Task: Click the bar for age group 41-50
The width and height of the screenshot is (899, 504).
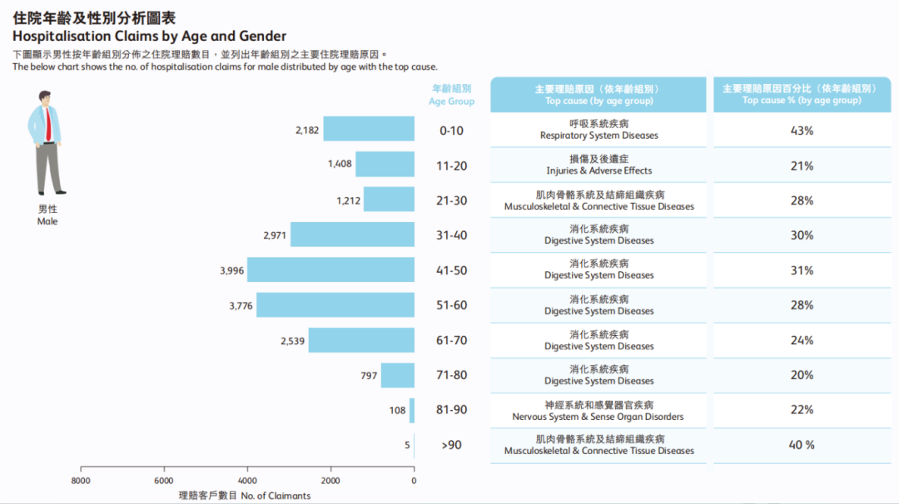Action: point(330,269)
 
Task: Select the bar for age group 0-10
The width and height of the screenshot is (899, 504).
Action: point(369,129)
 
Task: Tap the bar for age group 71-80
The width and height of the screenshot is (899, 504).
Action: point(398,375)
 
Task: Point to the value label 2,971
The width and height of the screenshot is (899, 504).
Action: point(275,235)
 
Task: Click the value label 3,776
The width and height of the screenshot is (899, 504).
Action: point(241,306)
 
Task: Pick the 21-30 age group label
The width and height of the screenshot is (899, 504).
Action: point(452,200)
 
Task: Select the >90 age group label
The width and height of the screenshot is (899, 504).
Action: point(451,445)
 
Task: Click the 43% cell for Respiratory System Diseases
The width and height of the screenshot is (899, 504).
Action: point(802,131)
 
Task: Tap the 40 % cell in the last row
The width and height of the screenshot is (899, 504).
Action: point(802,445)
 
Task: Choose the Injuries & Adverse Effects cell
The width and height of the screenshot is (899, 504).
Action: point(599,165)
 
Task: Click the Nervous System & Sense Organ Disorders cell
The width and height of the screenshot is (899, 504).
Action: point(599,411)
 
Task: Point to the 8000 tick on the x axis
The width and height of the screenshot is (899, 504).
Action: point(81,481)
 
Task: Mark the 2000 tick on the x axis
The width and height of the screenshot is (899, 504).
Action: point(330,481)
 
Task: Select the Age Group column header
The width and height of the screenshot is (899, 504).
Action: point(452,95)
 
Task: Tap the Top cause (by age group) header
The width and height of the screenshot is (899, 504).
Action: point(599,95)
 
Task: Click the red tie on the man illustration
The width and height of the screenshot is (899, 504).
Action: point(49,126)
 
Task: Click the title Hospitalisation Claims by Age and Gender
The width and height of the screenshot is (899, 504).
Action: point(149,37)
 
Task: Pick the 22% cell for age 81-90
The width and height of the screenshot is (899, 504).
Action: point(802,410)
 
